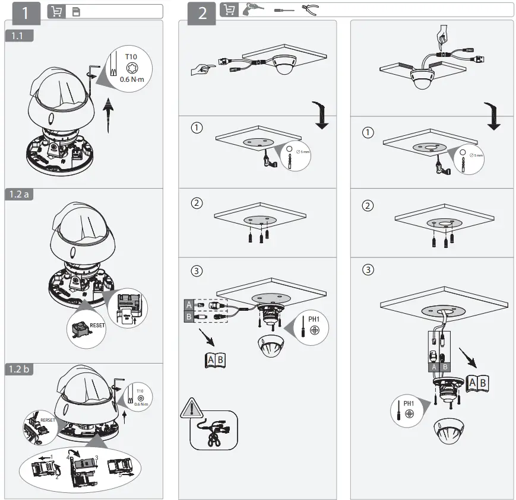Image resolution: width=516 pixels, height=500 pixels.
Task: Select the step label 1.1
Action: tap(19, 36)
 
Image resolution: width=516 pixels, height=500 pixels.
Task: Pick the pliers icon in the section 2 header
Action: tap(310, 9)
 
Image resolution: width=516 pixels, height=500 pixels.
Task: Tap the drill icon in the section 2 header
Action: tap(252, 9)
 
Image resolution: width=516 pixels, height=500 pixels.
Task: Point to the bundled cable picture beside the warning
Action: tap(213, 431)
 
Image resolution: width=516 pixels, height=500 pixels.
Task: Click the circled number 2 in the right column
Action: tap(368, 206)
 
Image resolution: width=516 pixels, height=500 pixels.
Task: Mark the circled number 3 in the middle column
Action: tap(197, 270)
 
